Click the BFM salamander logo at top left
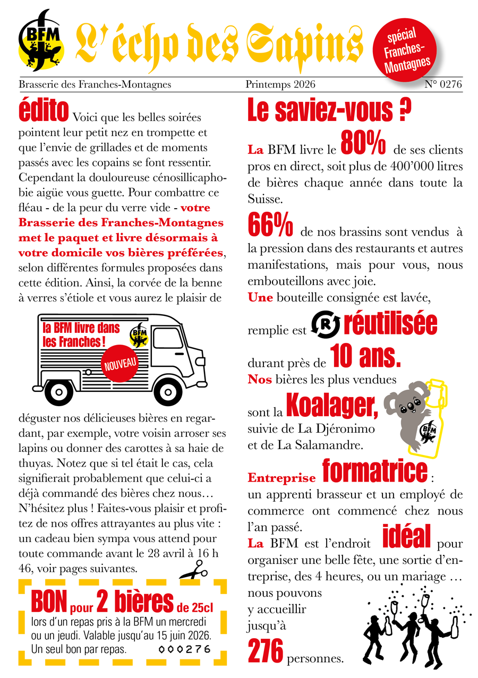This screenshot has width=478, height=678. [x=41, y=40]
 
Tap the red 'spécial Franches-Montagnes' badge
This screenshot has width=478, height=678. [x=407, y=52]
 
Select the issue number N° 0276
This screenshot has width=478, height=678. [x=443, y=84]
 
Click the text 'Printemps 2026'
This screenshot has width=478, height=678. [x=280, y=84]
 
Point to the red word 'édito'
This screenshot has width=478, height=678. [x=44, y=110]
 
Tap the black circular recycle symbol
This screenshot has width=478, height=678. [x=323, y=325]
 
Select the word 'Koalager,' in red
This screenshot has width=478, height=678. [x=332, y=406]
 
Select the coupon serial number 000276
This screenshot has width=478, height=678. [x=185, y=649]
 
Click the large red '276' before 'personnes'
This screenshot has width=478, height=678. [x=265, y=651]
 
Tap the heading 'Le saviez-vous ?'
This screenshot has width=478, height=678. [x=330, y=110]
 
